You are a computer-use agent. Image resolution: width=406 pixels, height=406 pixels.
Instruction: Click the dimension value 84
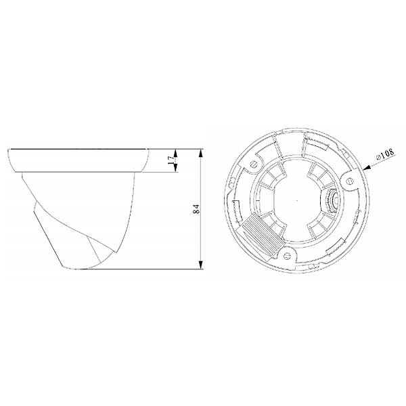[196, 209]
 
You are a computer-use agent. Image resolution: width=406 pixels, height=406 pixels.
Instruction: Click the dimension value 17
[171, 160]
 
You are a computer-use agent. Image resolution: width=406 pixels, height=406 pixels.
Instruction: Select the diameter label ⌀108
[386, 154]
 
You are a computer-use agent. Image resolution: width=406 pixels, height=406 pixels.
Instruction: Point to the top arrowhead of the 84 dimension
[201, 154]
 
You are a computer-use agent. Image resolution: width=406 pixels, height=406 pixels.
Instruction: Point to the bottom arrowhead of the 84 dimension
[201, 265]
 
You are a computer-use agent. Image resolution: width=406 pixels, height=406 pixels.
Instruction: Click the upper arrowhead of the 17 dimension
[175, 154]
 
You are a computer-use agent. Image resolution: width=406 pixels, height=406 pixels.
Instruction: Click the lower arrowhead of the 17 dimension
[175, 168]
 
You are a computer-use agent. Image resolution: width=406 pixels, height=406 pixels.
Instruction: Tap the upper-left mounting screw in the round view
[254, 164]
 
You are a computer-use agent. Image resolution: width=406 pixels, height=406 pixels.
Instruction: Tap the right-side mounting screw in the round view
[349, 181]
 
